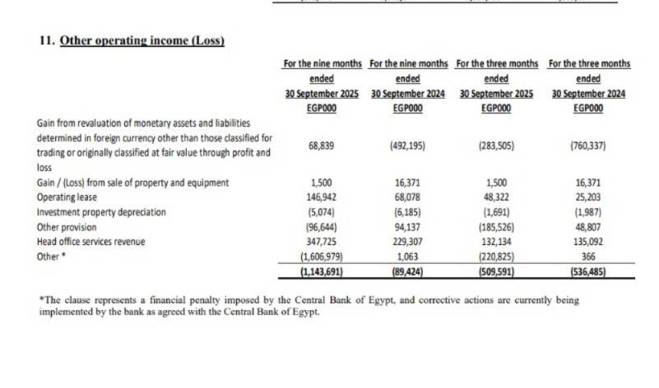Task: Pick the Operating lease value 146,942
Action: (x=320, y=198)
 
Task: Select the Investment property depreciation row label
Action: (x=101, y=212)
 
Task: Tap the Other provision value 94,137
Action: (x=408, y=228)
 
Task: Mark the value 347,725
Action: (x=320, y=242)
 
